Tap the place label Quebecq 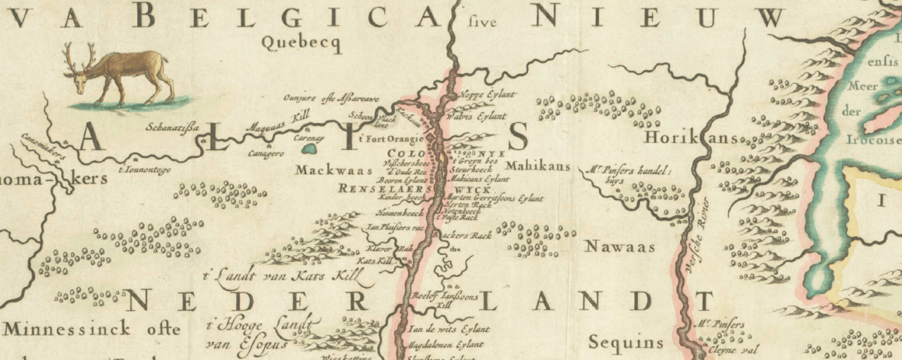(x=301, y=43)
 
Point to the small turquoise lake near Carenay (x=308, y=149)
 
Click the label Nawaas (x=620, y=247)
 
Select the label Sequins (x=626, y=343)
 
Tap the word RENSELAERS (x=384, y=190)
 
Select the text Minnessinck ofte (x=92, y=328)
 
